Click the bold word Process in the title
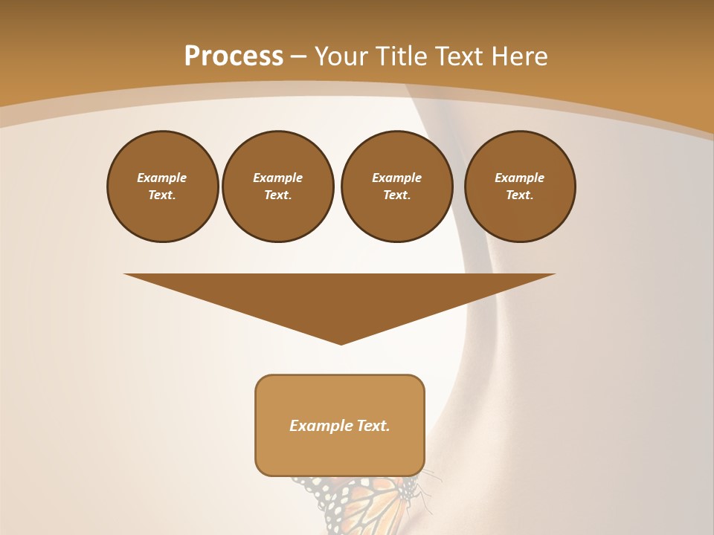point(234,56)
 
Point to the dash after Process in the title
point(298,57)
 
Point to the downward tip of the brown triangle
point(341,343)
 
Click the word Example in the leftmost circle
point(162,178)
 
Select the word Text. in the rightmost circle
point(520,195)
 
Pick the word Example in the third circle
point(397,178)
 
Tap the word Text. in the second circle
point(278,195)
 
